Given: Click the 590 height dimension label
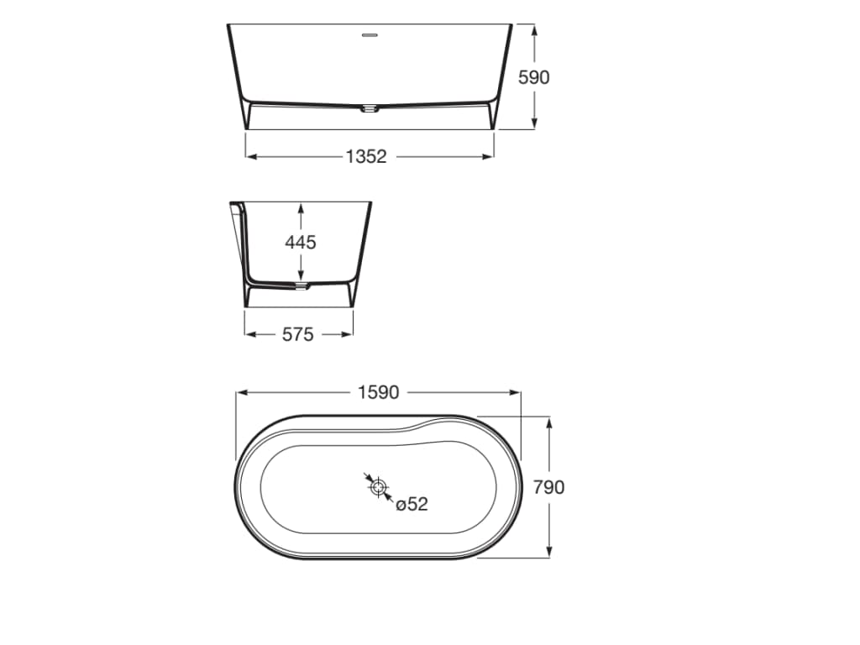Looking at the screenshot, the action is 533,77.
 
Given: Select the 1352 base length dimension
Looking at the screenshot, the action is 366,157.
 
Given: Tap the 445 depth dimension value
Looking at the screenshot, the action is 301,242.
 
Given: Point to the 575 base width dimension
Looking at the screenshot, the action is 298,334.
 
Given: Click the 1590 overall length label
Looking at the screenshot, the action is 379,393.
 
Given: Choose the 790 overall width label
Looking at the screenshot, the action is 549,487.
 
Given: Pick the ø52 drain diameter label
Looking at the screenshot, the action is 412,504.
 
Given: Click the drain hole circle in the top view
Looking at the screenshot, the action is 378,486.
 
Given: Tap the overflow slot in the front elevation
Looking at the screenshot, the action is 370,36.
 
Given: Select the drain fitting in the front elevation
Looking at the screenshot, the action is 370,108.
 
